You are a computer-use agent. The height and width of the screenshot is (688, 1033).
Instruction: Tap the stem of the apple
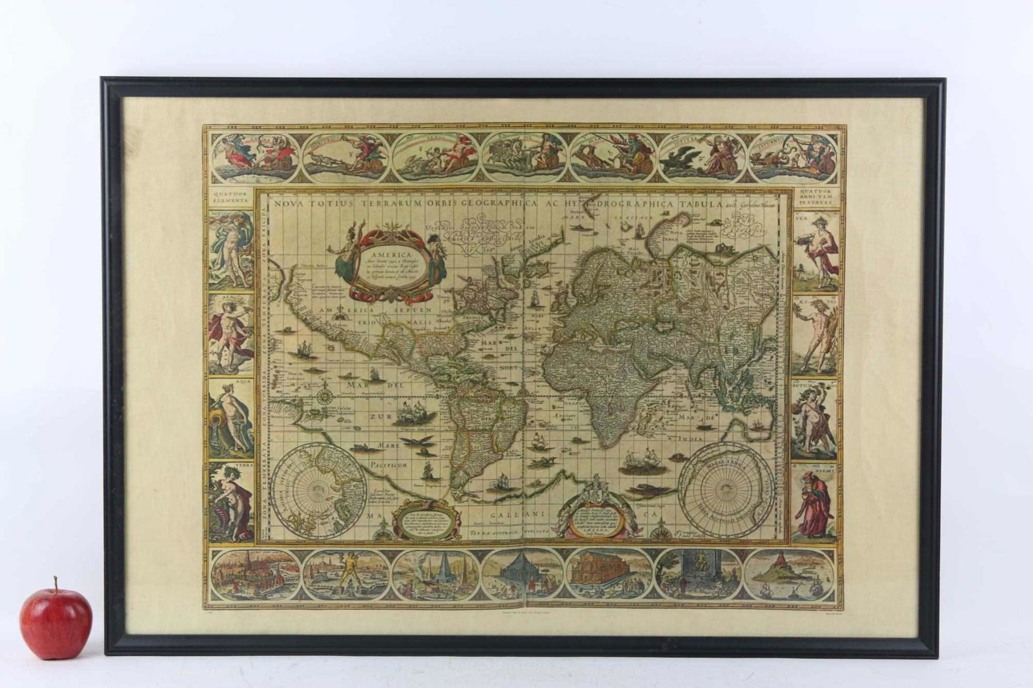pyautogui.click(x=56, y=584)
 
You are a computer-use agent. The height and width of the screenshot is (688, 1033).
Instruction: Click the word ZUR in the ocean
pyautogui.click(x=380, y=418)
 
